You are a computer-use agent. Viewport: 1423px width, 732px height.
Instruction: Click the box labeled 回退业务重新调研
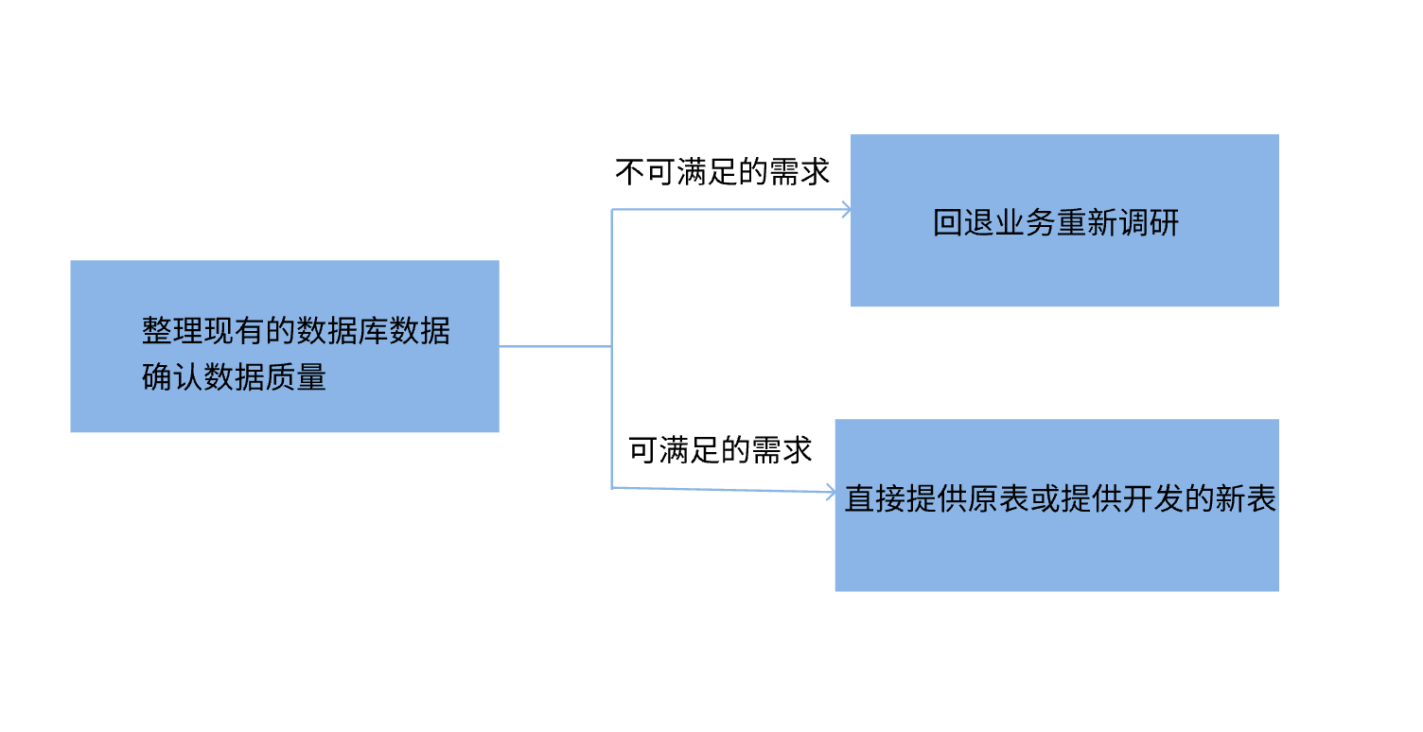point(1063,265)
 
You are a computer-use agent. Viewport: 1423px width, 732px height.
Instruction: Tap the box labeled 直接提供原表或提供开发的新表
point(1056,549)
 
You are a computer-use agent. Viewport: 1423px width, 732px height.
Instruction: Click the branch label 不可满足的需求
point(722,172)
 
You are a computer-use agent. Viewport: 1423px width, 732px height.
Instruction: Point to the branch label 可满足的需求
point(720,450)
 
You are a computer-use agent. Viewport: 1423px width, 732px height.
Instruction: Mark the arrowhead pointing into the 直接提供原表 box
point(830,493)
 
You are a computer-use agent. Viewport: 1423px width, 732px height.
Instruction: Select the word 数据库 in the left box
point(343,330)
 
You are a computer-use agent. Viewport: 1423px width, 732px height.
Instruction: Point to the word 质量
point(296,376)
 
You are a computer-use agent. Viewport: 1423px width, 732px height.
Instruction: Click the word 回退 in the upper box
point(964,223)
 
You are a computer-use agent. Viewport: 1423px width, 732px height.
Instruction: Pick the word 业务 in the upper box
point(1026,223)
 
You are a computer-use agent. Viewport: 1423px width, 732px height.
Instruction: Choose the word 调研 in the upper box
point(1149,223)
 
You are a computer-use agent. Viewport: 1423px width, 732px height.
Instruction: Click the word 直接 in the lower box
point(875,498)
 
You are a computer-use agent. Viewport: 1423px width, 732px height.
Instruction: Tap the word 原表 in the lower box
point(998,498)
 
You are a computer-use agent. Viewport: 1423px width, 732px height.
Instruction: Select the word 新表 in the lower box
point(1246,498)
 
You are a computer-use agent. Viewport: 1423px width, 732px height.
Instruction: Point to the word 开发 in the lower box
point(1153,498)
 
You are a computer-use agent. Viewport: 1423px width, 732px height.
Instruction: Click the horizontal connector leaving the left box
point(555,346)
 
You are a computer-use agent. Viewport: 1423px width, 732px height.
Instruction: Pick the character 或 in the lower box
point(1045,498)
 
